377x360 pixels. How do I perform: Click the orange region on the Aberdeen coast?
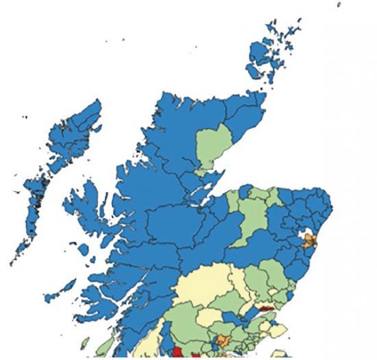point(311,241)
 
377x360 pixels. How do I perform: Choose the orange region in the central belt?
point(223,341)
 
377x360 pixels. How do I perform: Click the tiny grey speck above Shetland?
point(339,4)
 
